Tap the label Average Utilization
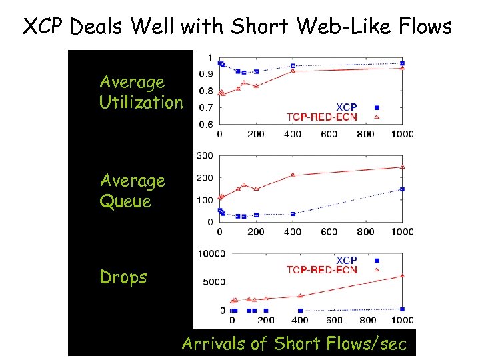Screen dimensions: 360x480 pyautogui.click(x=140, y=92)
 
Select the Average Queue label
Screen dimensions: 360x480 pyautogui.click(x=132, y=191)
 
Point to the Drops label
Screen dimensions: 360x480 pyautogui.click(x=123, y=277)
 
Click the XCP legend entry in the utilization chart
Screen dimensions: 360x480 pyautogui.click(x=346, y=107)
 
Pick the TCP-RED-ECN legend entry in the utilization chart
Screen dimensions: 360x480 pyautogui.click(x=322, y=117)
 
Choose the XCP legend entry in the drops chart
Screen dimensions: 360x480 pyautogui.click(x=346, y=260)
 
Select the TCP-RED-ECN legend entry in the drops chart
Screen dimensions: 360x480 pyautogui.click(x=322, y=270)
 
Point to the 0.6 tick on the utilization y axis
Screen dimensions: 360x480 pyautogui.click(x=207, y=125)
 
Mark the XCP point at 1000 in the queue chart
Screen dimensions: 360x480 pyautogui.click(x=402, y=189)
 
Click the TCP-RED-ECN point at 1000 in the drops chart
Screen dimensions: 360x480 pyautogui.click(x=402, y=275)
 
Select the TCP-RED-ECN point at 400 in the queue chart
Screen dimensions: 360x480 pyautogui.click(x=293, y=175)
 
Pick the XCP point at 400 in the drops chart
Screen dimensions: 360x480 pyautogui.click(x=300, y=311)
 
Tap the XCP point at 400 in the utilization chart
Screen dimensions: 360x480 pyautogui.click(x=293, y=66)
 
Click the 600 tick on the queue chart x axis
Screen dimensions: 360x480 pyautogui.click(x=329, y=232)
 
